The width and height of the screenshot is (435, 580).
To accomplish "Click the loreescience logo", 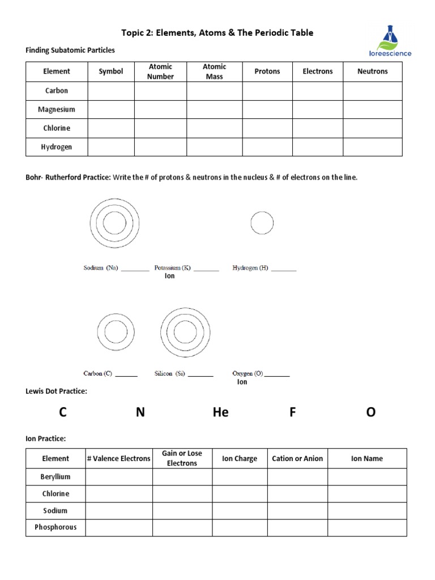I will (x=390, y=41).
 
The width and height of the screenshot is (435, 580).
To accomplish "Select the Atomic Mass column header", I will (x=214, y=71).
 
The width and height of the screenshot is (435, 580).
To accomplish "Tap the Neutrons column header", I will (x=372, y=71).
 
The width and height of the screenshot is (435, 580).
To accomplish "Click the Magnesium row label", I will (x=57, y=109).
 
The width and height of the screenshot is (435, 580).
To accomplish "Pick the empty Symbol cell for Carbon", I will (x=111, y=91).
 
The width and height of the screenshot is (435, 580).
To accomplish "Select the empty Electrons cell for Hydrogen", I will (x=317, y=147).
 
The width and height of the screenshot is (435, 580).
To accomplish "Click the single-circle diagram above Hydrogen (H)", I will (x=262, y=223).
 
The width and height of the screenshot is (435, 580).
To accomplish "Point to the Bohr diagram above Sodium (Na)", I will (x=114, y=223).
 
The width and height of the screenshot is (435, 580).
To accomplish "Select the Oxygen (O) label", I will (x=248, y=374).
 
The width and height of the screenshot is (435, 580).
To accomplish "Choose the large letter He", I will (x=220, y=412).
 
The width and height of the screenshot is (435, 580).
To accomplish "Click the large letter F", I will (x=293, y=412).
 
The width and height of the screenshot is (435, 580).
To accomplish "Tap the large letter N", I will (x=140, y=412).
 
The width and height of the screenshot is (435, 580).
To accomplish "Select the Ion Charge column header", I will (x=240, y=458).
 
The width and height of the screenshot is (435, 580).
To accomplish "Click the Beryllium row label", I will (x=56, y=477).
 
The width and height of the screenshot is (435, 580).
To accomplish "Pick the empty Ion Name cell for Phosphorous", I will (x=366, y=527).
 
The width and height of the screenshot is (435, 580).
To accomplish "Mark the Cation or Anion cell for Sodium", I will (x=297, y=510).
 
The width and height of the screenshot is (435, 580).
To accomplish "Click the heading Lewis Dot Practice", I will (x=57, y=391).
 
